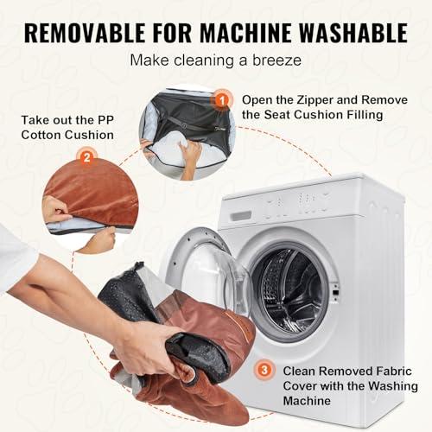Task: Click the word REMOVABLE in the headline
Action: (x=85, y=33)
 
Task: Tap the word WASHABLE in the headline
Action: (x=353, y=33)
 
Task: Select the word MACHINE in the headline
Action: (x=245, y=33)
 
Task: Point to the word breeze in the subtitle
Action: (x=277, y=60)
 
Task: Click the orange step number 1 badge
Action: (x=222, y=100)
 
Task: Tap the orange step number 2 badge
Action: (x=86, y=157)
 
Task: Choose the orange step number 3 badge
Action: (x=264, y=370)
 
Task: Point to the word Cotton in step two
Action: (x=41, y=135)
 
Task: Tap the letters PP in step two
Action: (x=105, y=120)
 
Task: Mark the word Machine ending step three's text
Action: (x=307, y=401)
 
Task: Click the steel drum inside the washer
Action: (x=288, y=291)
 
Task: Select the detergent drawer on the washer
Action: (x=241, y=215)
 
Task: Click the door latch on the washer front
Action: (x=335, y=291)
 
